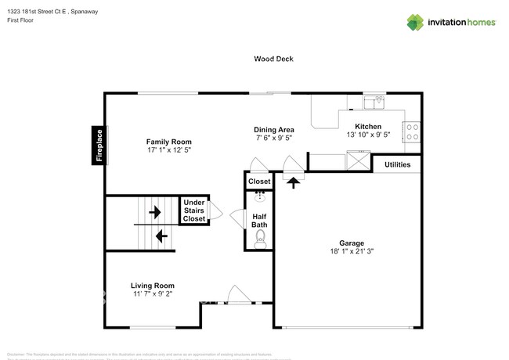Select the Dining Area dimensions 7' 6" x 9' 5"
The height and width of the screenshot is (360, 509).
[x=274, y=138]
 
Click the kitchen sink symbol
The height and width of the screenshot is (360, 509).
[x=379, y=100]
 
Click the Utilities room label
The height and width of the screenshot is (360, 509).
[x=397, y=165]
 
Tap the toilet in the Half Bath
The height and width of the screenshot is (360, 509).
[x=262, y=239]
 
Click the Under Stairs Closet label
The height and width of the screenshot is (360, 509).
[x=194, y=211]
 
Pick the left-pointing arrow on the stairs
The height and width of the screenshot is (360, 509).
[x=161, y=235]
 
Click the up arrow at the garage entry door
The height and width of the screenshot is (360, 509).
[x=294, y=182]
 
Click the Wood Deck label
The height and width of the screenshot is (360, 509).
[x=273, y=58]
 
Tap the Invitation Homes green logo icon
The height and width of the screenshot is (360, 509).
[x=415, y=23]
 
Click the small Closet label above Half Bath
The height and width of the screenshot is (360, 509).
[x=259, y=182]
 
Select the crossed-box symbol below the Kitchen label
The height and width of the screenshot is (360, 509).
[x=359, y=162]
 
